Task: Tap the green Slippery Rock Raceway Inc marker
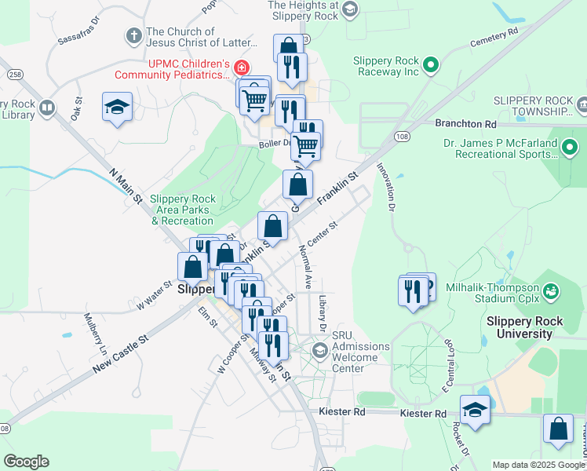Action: [x=430, y=65]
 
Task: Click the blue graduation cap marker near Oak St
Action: [x=117, y=107]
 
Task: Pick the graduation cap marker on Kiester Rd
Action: [x=475, y=410]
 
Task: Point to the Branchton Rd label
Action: [x=466, y=124]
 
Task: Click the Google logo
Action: [x=26, y=462]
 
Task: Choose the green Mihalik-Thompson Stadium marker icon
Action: [x=551, y=291]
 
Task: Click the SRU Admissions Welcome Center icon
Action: [x=319, y=349]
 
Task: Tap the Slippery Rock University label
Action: [x=530, y=327]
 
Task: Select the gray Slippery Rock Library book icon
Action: [x=47, y=108]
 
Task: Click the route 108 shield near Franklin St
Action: [x=403, y=136]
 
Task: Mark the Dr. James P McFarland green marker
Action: [x=571, y=146]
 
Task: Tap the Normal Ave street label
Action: [x=305, y=265]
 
